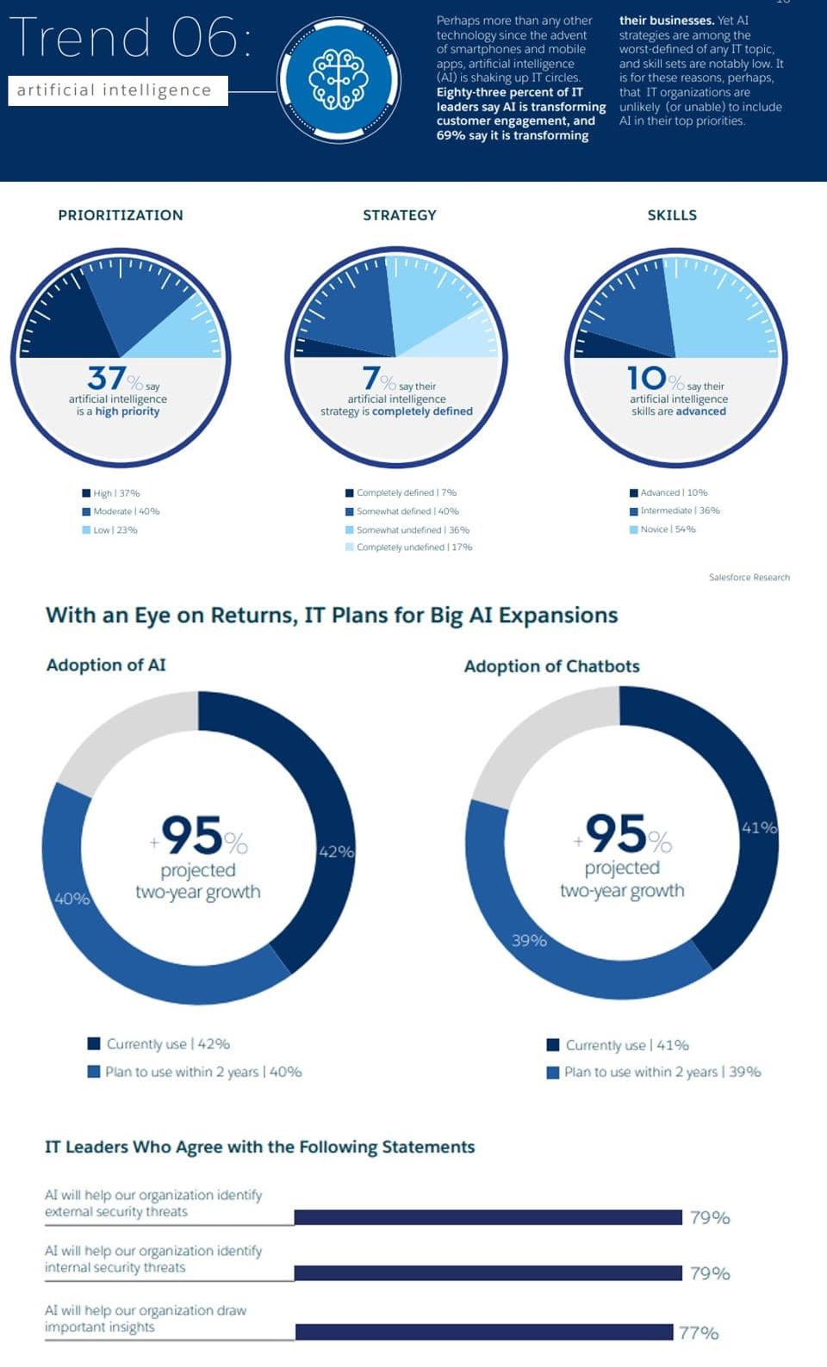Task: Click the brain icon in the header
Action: [338, 78]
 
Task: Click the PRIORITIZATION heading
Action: [121, 215]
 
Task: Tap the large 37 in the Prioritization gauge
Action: [108, 378]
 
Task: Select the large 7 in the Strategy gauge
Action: [371, 378]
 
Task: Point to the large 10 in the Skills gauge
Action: [646, 378]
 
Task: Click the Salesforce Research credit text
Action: [749, 578]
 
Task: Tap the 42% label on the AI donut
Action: [336, 851]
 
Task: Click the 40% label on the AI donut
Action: [72, 899]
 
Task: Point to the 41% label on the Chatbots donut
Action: [759, 827]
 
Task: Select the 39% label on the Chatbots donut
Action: [529, 941]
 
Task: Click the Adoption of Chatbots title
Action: [551, 666]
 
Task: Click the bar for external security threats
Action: [488, 1217]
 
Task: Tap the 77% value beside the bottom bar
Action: [699, 1333]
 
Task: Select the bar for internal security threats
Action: [488, 1272]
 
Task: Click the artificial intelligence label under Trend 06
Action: [115, 90]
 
